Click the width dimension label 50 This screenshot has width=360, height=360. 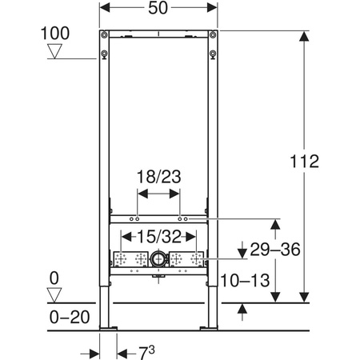click(158, 8)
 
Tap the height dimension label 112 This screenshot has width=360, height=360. click(304, 162)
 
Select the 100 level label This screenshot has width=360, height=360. click(55, 33)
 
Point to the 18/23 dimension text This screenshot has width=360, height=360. click(158, 177)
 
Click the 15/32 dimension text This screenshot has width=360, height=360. click(159, 237)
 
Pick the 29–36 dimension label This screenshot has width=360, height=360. click(275, 250)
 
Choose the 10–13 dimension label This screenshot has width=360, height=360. click(245, 281)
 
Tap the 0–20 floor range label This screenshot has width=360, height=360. click(70, 317)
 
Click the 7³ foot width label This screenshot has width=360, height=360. click(146, 353)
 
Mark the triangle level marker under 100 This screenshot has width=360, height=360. click(54, 51)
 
